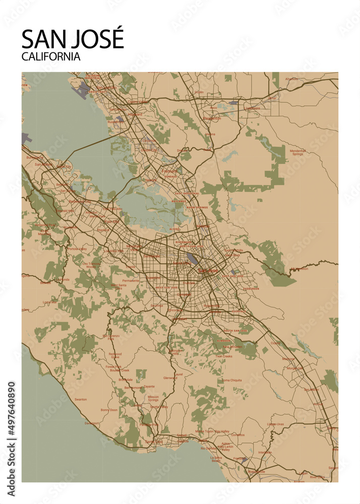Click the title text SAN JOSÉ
(73, 40)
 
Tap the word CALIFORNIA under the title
(51, 56)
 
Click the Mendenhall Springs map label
(297, 152)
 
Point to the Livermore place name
(253, 108)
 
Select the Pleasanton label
(212, 118)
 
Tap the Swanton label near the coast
(80, 399)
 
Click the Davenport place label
(91, 423)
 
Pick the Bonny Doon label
(108, 410)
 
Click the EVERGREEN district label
(251, 289)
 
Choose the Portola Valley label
(77, 248)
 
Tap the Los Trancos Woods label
(92, 265)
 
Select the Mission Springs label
(153, 399)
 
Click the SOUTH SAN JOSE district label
(235, 331)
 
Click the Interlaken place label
(265, 452)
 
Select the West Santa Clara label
(119, 287)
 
